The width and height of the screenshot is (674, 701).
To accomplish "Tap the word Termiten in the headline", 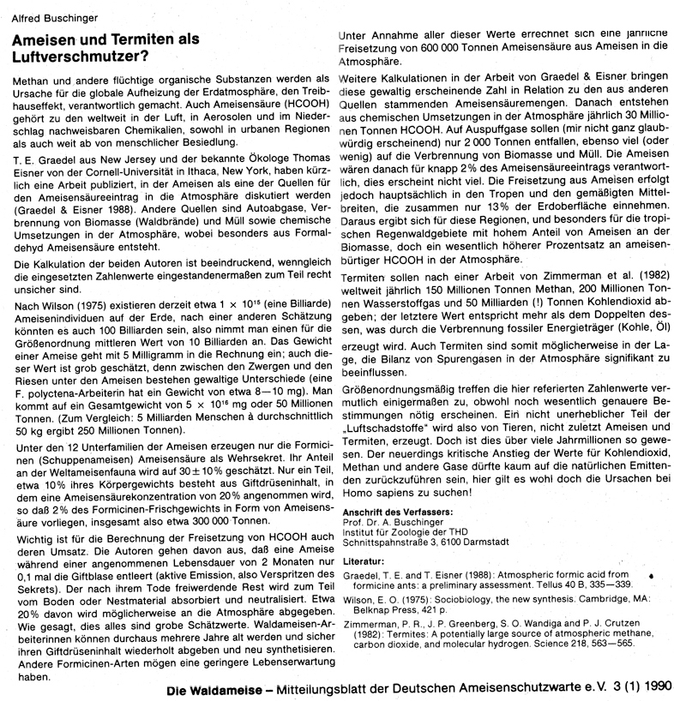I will tap(137, 39).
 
